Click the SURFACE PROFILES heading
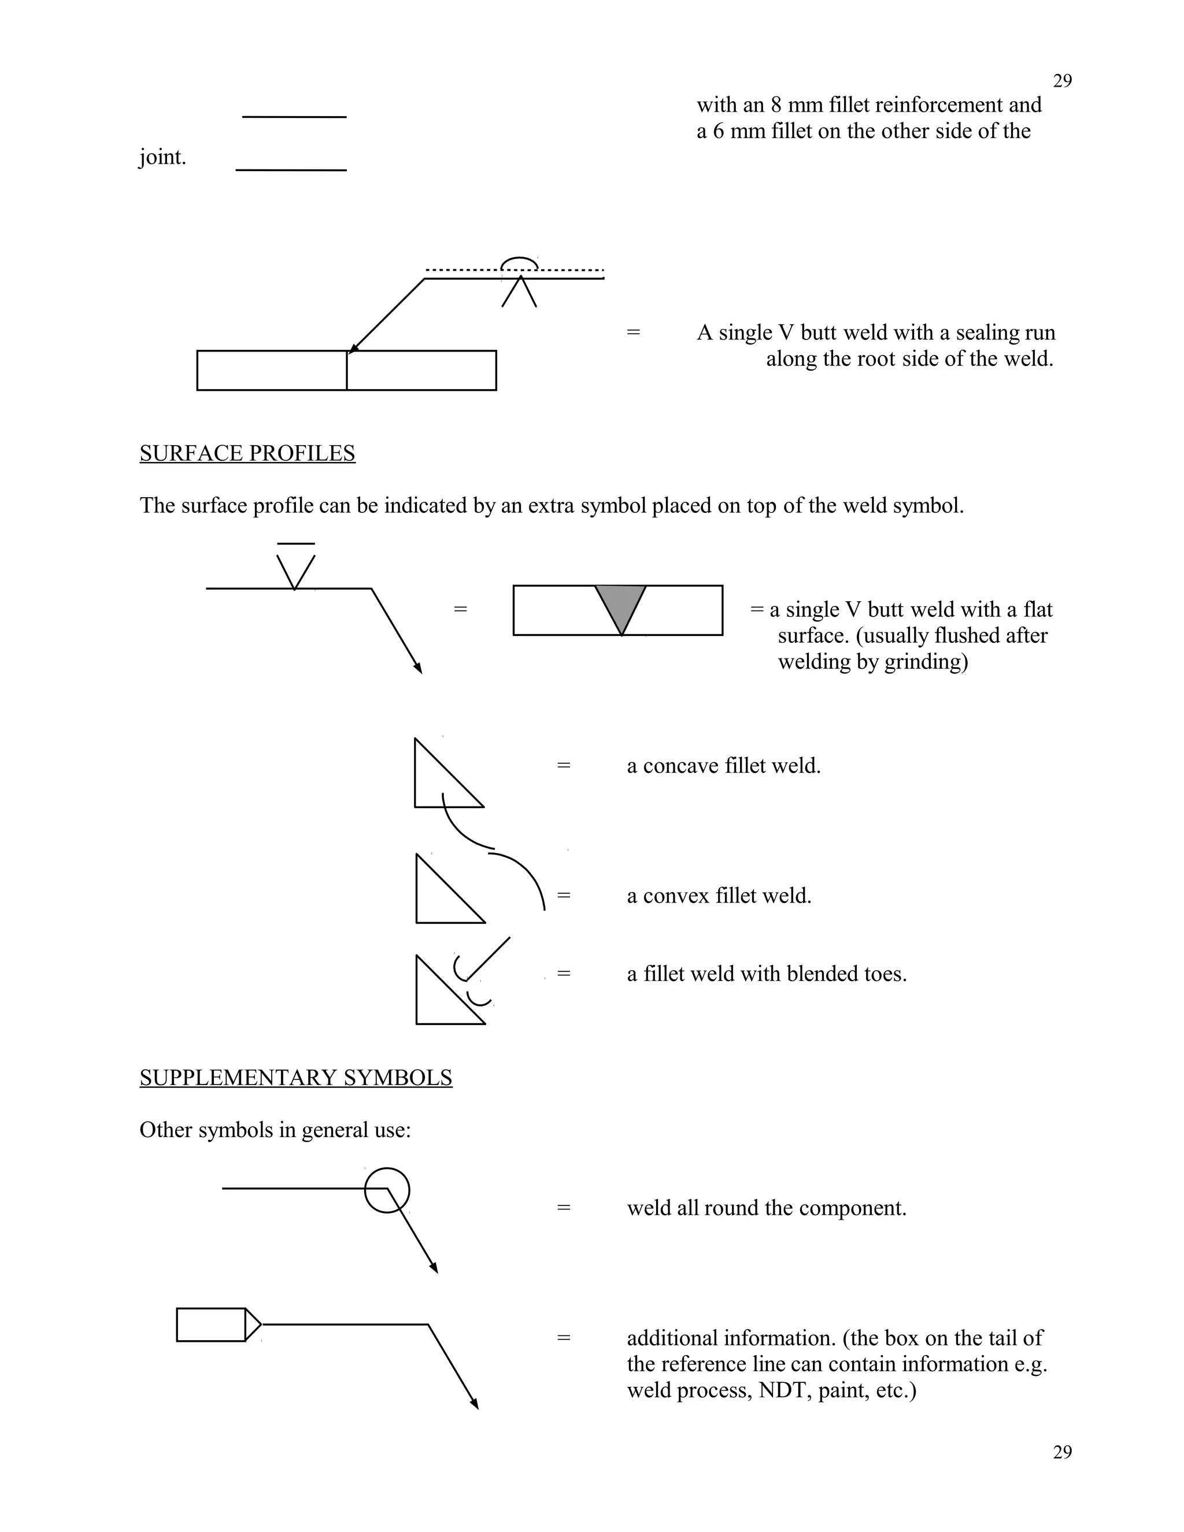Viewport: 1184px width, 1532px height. pos(247,453)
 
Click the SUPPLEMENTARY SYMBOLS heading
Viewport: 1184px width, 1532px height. pos(295,1077)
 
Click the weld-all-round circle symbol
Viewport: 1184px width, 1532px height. pos(387,1190)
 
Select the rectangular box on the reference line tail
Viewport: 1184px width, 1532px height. pos(211,1324)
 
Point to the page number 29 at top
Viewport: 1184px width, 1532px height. pos(1062,82)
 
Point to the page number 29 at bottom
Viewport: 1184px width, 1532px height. pos(1062,1452)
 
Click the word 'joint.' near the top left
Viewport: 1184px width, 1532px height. pos(162,157)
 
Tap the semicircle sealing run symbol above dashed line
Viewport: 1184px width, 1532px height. pos(520,263)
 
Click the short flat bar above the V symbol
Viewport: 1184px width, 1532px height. pos(296,543)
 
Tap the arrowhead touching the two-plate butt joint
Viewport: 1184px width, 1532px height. pos(353,349)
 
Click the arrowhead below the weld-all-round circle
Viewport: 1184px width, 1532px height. pos(434,1268)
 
